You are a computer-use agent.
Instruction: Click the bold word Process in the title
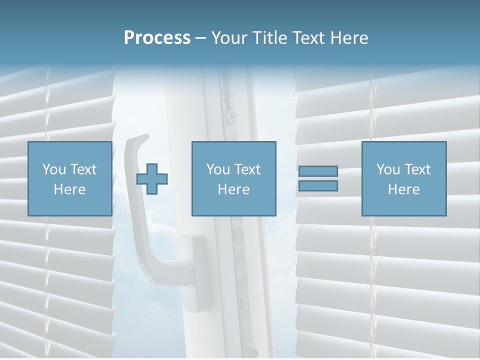(x=157, y=38)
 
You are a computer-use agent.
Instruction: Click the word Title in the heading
(x=270, y=38)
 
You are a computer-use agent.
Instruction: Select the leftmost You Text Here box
(x=69, y=178)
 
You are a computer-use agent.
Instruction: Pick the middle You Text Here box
(x=233, y=178)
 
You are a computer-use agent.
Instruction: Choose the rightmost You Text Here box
(x=403, y=178)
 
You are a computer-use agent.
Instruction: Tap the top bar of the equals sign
(x=318, y=171)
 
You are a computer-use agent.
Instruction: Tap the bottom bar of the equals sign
(x=318, y=185)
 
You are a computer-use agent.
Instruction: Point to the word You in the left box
(x=53, y=169)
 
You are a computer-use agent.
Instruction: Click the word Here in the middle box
(x=233, y=189)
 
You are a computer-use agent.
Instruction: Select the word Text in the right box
(x=417, y=169)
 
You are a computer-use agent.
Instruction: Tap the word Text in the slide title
(x=307, y=38)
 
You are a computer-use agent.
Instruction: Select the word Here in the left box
(x=69, y=189)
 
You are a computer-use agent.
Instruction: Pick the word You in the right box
(x=388, y=169)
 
